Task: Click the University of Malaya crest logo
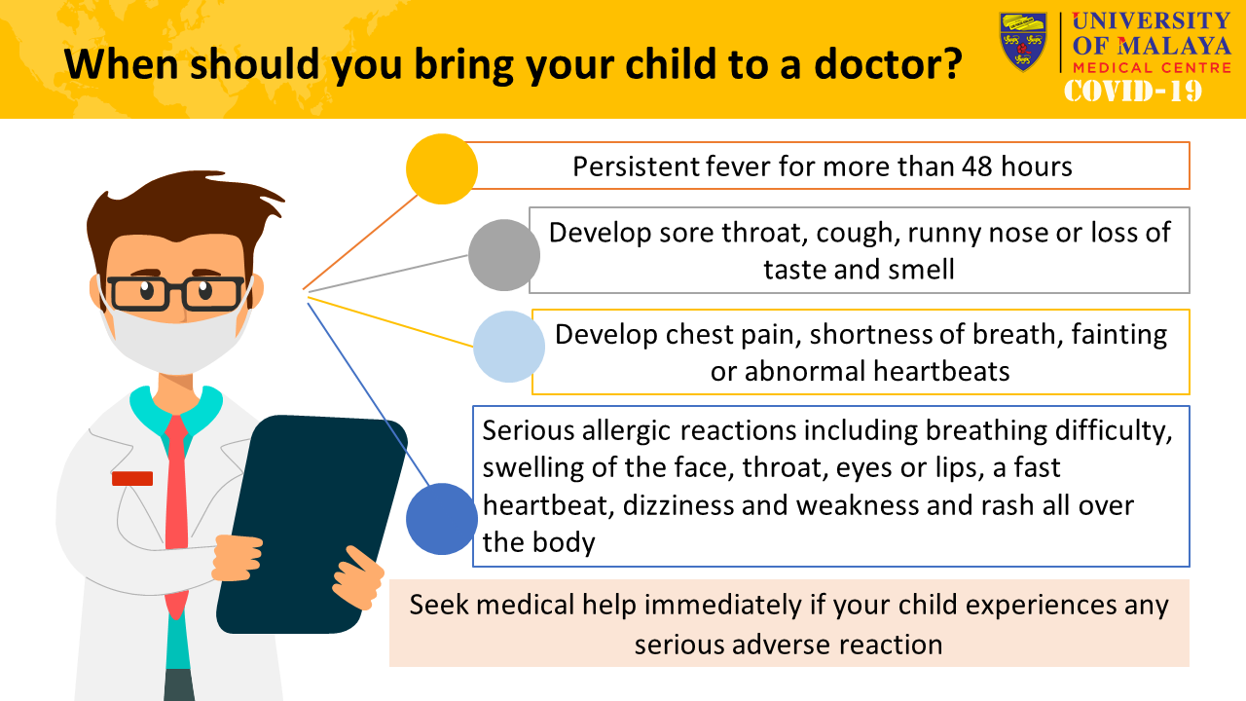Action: click(1023, 42)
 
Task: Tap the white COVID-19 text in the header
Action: click(1132, 92)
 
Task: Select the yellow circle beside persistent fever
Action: click(442, 168)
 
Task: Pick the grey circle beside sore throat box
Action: click(504, 255)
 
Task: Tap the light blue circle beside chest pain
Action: click(509, 346)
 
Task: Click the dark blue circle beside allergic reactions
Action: click(442, 519)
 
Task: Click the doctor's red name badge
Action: click(132, 478)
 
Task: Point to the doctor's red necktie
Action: click(177, 515)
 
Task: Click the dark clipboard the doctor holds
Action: click(311, 524)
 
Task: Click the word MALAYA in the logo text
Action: click(1174, 47)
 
